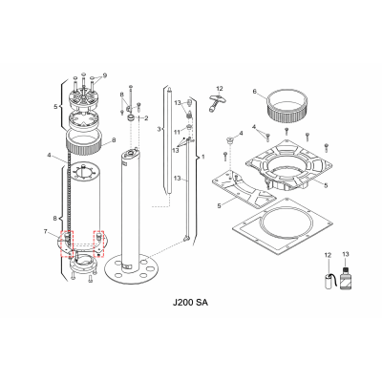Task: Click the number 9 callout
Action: click(105, 74)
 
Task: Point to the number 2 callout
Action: click(145, 117)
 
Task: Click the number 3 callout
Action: click(159, 128)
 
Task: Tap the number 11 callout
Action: click(177, 131)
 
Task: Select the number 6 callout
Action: click(255, 92)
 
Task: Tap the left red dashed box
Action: click(68, 243)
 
